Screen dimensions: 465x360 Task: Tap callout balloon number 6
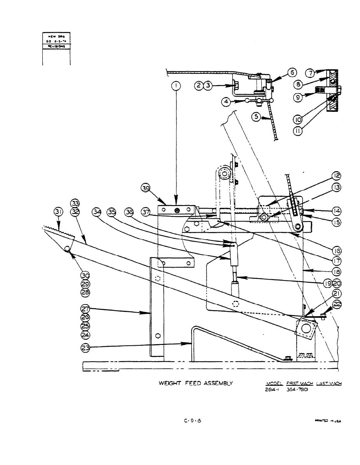292,73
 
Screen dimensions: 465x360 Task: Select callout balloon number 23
85,348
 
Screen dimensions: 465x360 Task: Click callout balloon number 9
298,98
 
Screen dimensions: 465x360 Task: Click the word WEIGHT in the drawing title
170,383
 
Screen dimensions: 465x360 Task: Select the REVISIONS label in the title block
56,45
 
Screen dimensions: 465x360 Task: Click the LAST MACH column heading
329,383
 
